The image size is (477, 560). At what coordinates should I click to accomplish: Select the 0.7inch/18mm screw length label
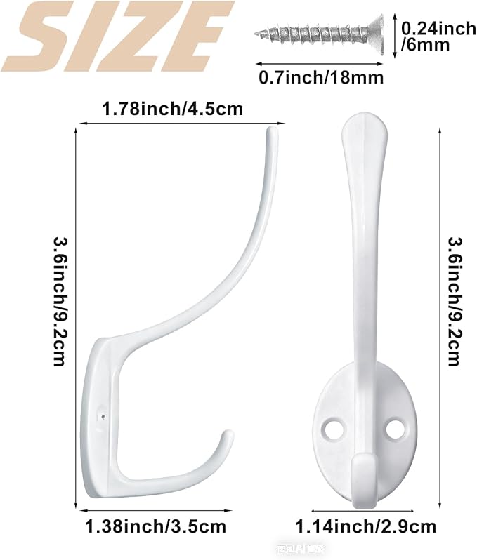click(321, 76)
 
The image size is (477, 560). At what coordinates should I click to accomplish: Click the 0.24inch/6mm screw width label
click(436, 37)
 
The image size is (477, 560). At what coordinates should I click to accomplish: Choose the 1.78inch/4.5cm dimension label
click(172, 109)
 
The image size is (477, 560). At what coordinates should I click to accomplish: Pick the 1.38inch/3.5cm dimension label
click(155, 526)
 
